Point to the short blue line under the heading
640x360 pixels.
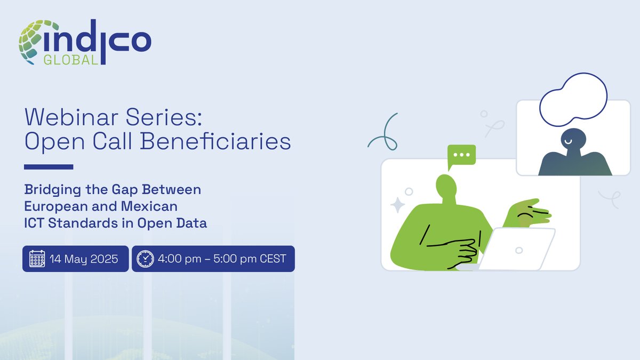[x=49, y=167]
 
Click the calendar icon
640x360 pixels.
[x=37, y=259]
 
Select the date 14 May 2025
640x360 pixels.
[x=84, y=259]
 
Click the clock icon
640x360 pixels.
[x=145, y=259]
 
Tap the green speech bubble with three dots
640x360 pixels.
[x=461, y=156]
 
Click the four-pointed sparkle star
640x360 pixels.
[x=397, y=205]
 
